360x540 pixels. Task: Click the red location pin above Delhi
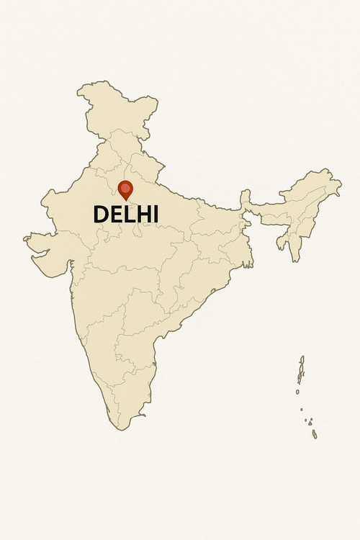tap(126, 189)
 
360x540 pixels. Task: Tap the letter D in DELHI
tap(102, 215)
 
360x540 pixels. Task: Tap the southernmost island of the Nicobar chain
tap(314, 434)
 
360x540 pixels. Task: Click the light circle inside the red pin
tap(126, 188)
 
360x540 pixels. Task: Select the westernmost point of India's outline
tap(24, 238)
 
